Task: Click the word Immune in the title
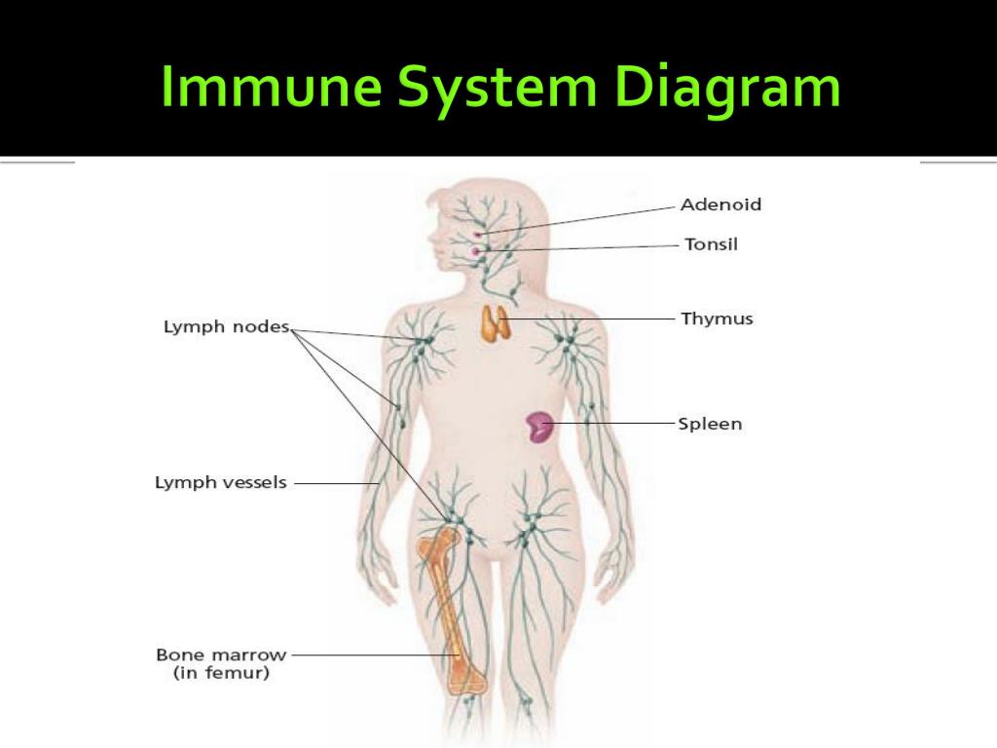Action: (x=271, y=86)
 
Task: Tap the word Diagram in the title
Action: (x=726, y=89)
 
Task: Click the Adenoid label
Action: (x=720, y=205)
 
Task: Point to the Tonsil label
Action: (x=711, y=244)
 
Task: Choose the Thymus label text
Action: (x=717, y=318)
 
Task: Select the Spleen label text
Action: (x=710, y=424)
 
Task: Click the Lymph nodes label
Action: (x=226, y=327)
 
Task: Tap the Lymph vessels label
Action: (x=221, y=482)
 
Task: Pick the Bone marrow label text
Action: (x=221, y=654)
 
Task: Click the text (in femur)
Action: (x=221, y=673)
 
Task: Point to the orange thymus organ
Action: (x=495, y=323)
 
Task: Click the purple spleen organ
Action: (x=539, y=427)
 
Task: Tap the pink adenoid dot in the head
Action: (x=477, y=236)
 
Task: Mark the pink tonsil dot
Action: (x=475, y=252)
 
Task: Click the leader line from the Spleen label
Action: (x=611, y=423)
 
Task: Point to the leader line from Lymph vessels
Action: (x=336, y=483)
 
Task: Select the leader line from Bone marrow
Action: (x=376, y=654)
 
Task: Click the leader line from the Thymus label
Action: (x=588, y=318)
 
